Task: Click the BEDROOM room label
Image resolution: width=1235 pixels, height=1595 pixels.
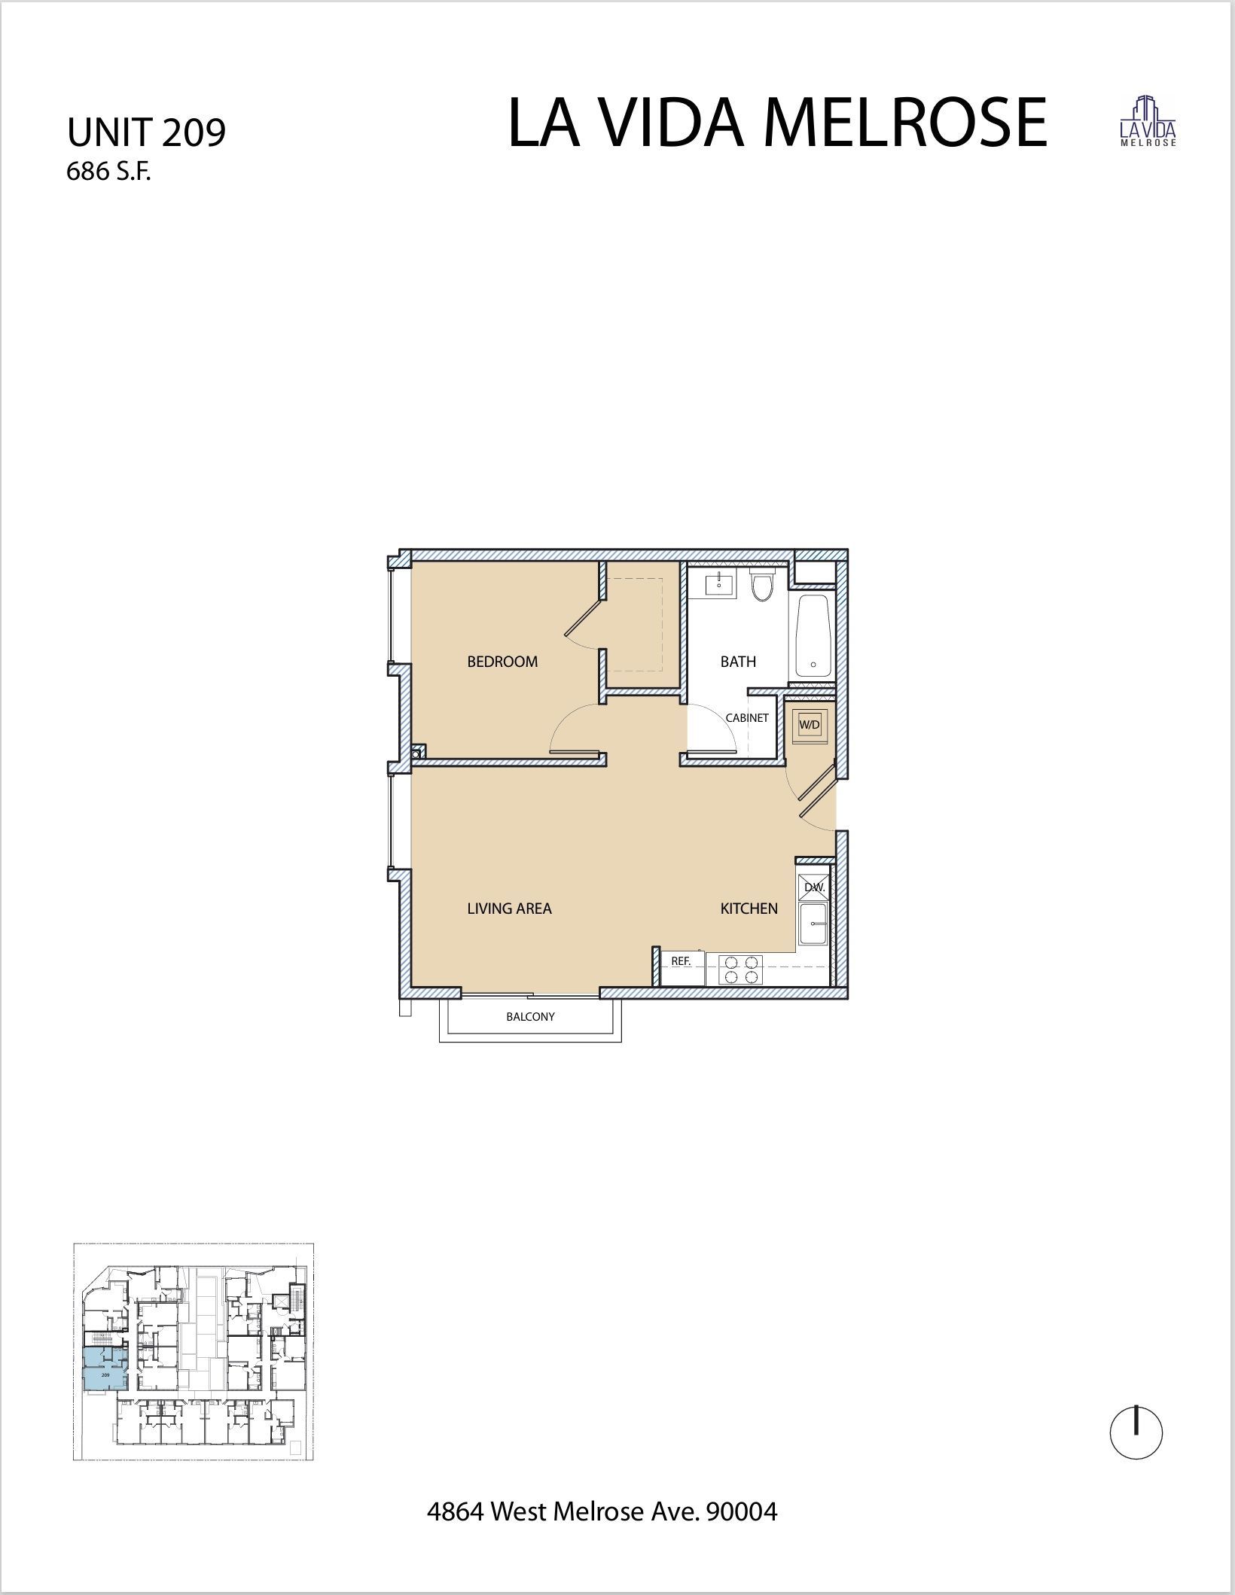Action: click(502, 662)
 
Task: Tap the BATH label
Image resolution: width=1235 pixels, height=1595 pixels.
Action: click(738, 662)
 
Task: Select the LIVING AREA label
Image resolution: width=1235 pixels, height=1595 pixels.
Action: click(509, 909)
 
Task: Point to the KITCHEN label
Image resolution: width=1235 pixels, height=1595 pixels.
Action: click(749, 909)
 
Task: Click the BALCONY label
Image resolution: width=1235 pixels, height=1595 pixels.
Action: click(530, 1016)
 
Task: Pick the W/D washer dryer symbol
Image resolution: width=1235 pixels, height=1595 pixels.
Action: click(809, 725)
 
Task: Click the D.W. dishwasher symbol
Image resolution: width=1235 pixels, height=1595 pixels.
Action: click(814, 887)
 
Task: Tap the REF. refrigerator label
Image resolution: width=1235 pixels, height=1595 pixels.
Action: click(681, 961)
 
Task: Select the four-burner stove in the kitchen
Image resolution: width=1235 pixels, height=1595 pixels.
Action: click(741, 969)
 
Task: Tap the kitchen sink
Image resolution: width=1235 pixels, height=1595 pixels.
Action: click(813, 925)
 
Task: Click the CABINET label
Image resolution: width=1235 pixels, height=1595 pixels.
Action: click(747, 718)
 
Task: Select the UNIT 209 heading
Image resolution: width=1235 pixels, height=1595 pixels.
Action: click(146, 133)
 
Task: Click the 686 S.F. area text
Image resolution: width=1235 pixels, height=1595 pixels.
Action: click(109, 172)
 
